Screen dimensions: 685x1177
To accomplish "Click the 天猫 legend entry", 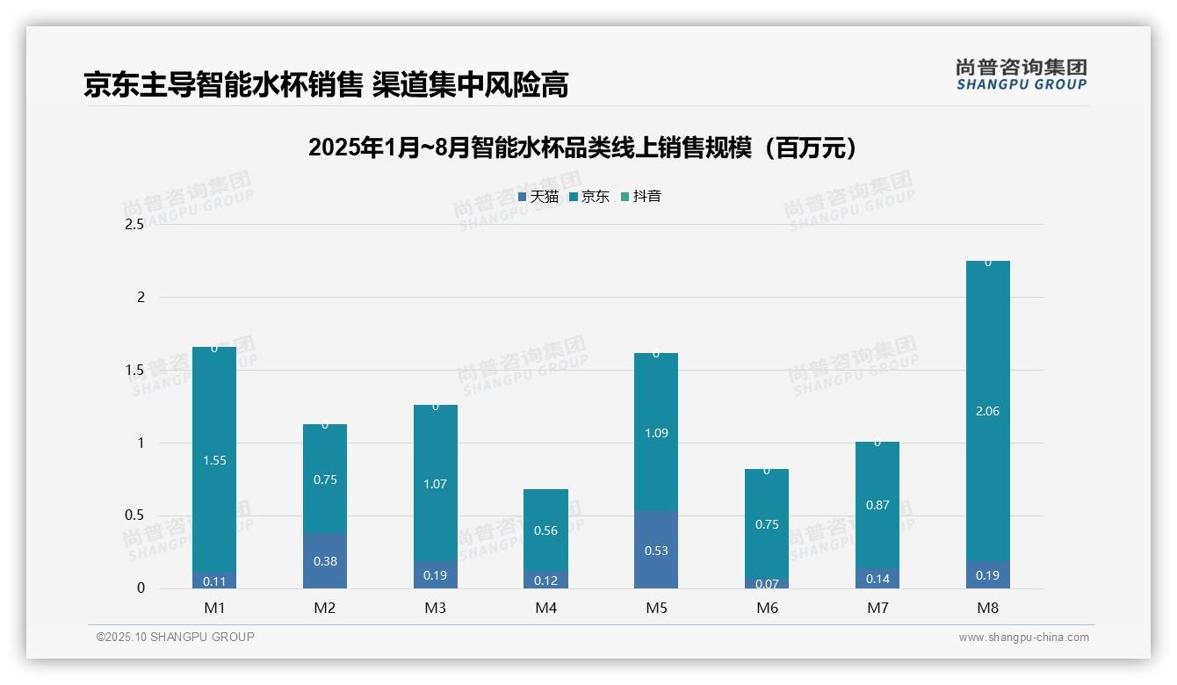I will coord(538,197).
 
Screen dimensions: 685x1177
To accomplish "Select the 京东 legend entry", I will coord(589,197).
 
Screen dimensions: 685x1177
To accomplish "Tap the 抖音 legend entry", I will coord(641,197).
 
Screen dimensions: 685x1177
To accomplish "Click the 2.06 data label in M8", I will coord(987,411).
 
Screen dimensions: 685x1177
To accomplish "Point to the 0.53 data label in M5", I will coord(655,551).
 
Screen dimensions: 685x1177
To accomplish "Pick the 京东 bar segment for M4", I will coord(545,530).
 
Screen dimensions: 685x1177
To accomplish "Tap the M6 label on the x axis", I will coord(767,608).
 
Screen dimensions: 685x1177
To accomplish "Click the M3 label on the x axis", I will coord(436,608).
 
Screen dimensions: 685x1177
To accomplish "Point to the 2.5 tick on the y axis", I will coord(134,225).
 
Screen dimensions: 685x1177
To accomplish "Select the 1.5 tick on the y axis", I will coord(134,370).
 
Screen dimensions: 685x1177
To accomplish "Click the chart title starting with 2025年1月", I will coord(582,148).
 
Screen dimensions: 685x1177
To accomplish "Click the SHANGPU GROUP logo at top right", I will coord(1022,75).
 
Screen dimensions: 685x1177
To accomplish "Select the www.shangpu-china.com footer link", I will coord(1023,638).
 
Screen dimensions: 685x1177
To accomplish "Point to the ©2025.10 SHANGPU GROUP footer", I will coord(176,637).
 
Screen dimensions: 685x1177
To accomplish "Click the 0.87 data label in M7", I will coord(877,505).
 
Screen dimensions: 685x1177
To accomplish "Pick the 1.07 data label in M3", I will coord(436,484).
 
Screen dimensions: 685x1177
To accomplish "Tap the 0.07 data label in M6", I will coord(767,583).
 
